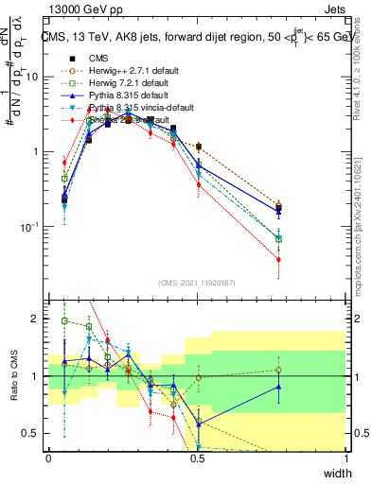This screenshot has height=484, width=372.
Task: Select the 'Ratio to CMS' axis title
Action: (13, 376)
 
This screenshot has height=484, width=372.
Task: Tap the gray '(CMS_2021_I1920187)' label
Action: (196, 283)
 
